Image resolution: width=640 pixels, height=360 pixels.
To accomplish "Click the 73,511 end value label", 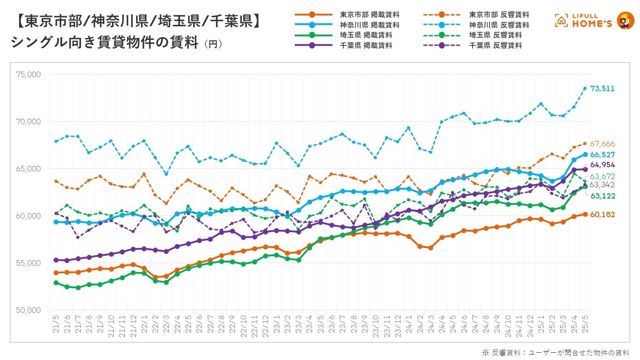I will coord(602,88).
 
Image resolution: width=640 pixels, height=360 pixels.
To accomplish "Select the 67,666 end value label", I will coord(602,144).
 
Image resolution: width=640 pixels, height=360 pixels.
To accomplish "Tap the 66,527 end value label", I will coord(602,155).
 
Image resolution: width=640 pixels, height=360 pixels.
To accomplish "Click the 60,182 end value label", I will coord(602,214).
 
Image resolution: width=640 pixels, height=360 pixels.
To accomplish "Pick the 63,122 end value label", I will coord(602,195).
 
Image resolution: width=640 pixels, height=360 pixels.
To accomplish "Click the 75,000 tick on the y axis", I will coord(29,74).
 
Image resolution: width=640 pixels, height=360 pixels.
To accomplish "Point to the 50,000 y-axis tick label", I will coord(29,310).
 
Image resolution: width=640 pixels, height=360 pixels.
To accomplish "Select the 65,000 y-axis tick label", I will coord(29,169).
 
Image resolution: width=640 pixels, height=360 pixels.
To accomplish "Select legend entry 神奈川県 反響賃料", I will coord(499,25).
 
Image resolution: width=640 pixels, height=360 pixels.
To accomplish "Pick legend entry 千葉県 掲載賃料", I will coord(366,45).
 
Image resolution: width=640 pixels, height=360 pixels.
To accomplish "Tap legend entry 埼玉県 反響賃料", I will coord(495,35).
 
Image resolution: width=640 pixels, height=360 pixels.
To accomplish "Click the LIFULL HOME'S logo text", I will coord(590,21).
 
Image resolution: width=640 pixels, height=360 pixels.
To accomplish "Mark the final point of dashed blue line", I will coord(585,88).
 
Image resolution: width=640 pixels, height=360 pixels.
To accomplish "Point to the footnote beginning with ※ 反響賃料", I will coord(549,352).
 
